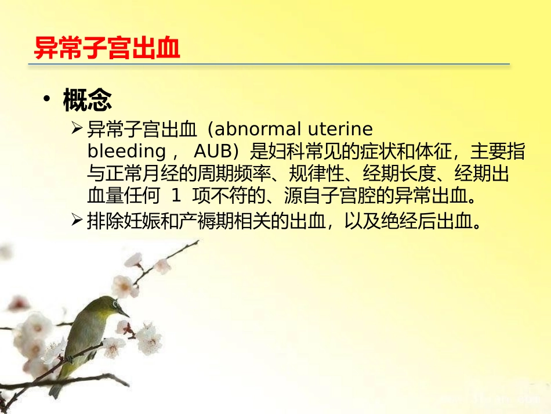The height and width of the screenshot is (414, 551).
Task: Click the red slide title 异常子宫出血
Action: tap(107, 48)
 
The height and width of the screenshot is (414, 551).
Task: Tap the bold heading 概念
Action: tap(87, 101)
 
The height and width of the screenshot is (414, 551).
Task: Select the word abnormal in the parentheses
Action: tap(255, 128)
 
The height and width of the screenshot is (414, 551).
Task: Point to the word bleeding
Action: tap(126, 151)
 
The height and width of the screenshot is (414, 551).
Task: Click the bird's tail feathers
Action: tap(56, 388)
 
